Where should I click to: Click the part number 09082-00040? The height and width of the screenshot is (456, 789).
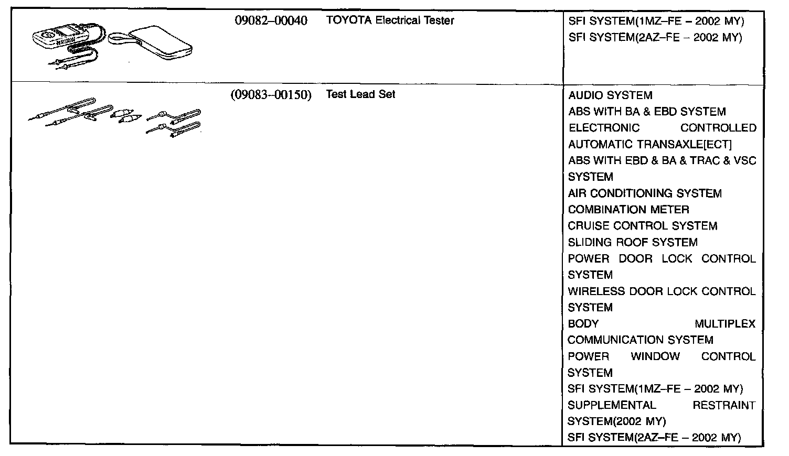[x=271, y=21]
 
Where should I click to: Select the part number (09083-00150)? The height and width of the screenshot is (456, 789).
[x=271, y=95]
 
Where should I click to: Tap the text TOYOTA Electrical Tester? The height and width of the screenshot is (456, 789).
[x=390, y=21]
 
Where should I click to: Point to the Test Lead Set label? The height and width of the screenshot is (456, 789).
[x=360, y=95]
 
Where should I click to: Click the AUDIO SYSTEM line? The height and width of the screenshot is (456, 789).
[x=610, y=96]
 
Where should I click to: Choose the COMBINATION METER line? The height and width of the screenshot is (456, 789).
[x=628, y=210]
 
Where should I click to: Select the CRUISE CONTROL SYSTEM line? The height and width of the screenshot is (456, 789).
[x=643, y=226]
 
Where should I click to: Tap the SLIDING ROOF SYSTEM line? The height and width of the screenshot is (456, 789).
[x=633, y=242]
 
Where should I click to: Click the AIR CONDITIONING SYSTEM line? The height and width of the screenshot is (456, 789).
[x=645, y=193]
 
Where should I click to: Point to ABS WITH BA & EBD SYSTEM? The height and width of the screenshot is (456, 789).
[x=647, y=112]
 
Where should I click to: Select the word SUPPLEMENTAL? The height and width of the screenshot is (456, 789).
[x=612, y=405]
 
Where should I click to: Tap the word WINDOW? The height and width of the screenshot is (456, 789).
[x=655, y=356]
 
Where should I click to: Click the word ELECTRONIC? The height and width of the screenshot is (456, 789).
[x=604, y=128]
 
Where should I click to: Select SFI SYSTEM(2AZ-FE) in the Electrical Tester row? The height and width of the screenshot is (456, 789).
[x=655, y=38]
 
